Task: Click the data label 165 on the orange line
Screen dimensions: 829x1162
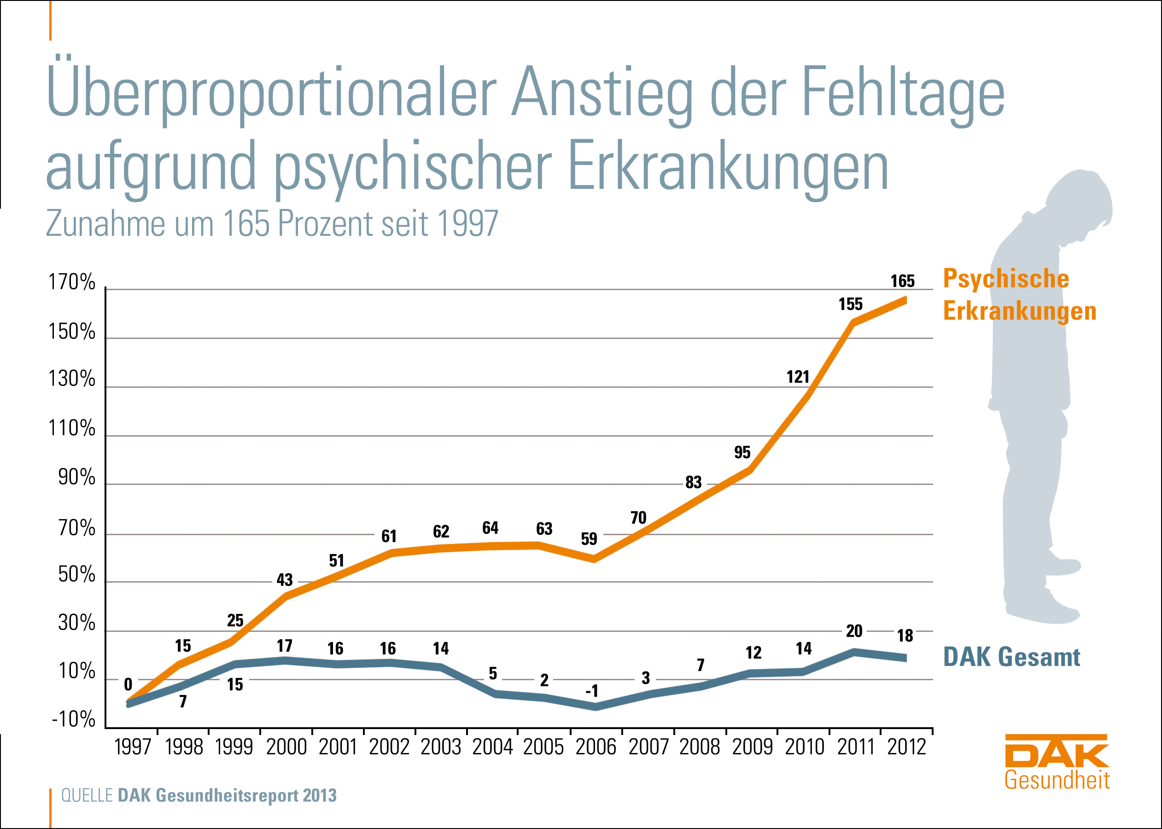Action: tap(902, 281)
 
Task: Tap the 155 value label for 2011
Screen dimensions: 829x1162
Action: tap(850, 304)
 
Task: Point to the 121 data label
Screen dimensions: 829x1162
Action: tap(798, 377)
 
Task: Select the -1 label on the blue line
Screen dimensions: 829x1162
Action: tap(592, 691)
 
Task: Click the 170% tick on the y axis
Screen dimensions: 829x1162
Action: tap(72, 282)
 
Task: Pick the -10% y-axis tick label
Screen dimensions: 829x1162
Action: tap(74, 719)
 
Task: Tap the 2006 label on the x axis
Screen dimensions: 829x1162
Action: tap(596, 747)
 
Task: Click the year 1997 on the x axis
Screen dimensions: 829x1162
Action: tap(133, 747)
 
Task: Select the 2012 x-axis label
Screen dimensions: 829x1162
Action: tap(906, 747)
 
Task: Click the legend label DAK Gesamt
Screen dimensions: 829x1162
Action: tap(1011, 657)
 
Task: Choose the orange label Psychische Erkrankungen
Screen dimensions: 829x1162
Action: tap(1019, 295)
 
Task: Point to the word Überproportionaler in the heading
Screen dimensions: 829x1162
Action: tap(271, 92)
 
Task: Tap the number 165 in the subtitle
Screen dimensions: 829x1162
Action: tap(246, 223)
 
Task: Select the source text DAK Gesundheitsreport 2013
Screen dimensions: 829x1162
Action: tap(227, 796)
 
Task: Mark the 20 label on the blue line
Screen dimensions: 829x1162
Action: tap(854, 631)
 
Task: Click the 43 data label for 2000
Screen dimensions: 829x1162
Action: tap(285, 580)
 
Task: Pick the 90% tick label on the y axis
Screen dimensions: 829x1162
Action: tap(76, 477)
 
